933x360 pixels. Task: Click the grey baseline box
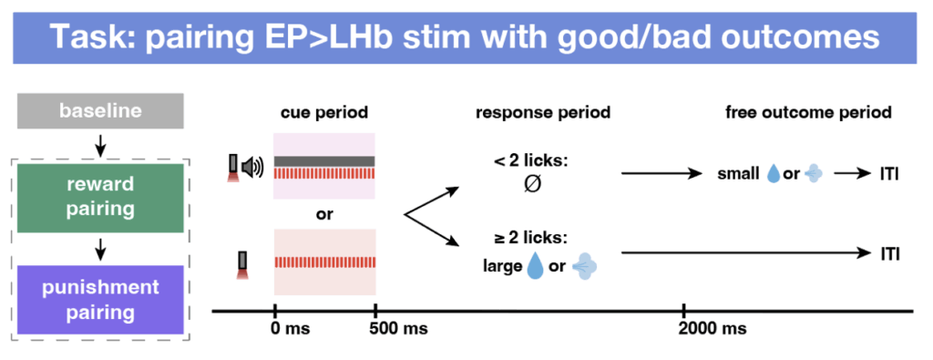click(100, 110)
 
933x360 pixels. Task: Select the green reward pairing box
click(100, 198)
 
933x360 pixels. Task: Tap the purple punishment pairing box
click(100, 300)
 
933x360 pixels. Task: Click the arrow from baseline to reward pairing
click(100, 145)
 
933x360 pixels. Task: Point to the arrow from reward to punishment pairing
click(100, 249)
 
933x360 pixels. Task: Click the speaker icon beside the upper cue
click(254, 168)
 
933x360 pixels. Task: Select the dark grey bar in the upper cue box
click(324, 161)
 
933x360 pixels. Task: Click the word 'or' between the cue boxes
click(324, 214)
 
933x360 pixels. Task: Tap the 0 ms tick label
click(291, 328)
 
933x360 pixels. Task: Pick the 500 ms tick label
click(398, 328)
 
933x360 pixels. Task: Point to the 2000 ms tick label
click(713, 328)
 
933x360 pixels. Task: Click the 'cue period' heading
click(324, 112)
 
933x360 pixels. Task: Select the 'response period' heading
click(543, 112)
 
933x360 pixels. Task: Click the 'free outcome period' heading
click(809, 112)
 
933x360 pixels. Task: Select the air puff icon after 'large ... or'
click(585, 267)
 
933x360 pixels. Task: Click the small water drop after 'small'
click(774, 174)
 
